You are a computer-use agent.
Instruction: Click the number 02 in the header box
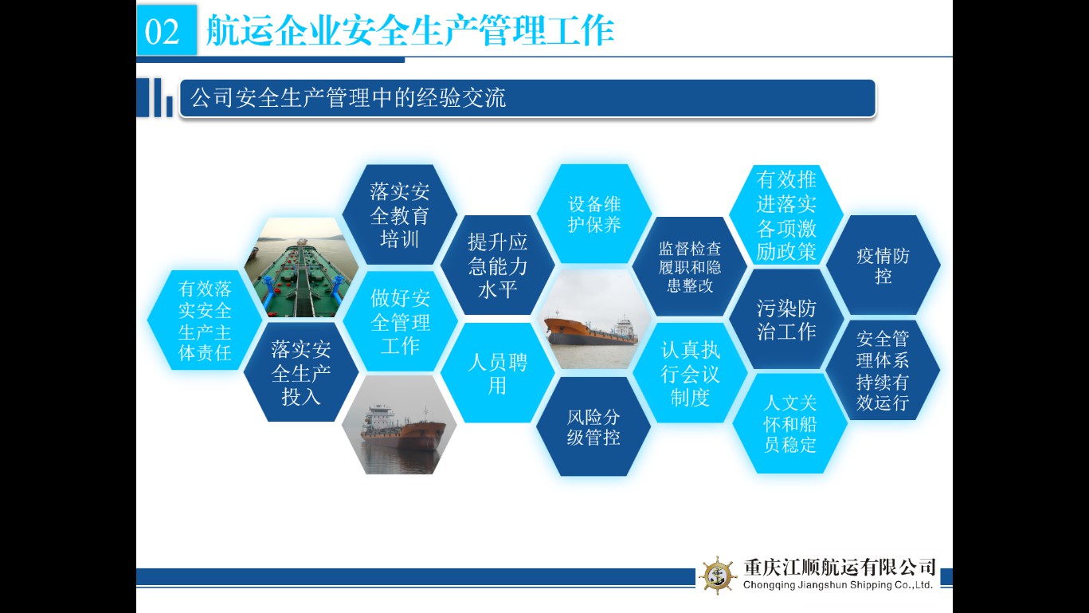(x=163, y=32)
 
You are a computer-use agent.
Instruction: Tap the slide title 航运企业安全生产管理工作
(x=409, y=30)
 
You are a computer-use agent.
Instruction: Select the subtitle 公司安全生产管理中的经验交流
(x=348, y=97)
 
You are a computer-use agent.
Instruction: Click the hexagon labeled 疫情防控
(x=883, y=265)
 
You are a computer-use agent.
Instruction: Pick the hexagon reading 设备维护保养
(x=594, y=214)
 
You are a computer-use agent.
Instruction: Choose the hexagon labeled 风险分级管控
(x=593, y=426)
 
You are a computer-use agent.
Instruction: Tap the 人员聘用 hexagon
(x=497, y=373)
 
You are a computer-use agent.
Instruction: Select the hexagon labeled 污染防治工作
(x=786, y=320)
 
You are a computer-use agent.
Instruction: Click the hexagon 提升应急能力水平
(x=497, y=265)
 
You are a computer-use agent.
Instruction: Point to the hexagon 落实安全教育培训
(x=400, y=214)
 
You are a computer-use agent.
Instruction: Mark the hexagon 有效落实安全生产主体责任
(x=205, y=320)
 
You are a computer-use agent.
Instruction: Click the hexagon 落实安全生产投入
(x=301, y=372)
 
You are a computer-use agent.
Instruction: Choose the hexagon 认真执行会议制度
(x=690, y=373)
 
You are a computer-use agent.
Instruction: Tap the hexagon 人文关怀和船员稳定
(x=790, y=424)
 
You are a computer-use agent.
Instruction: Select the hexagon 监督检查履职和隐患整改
(x=690, y=266)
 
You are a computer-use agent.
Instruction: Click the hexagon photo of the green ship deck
(x=301, y=268)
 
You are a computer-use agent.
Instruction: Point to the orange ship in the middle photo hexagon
(x=590, y=330)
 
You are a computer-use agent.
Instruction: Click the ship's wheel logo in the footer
(x=718, y=576)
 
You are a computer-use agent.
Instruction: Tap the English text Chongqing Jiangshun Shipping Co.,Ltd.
(x=837, y=585)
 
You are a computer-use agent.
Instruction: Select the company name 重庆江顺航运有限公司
(x=840, y=568)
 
